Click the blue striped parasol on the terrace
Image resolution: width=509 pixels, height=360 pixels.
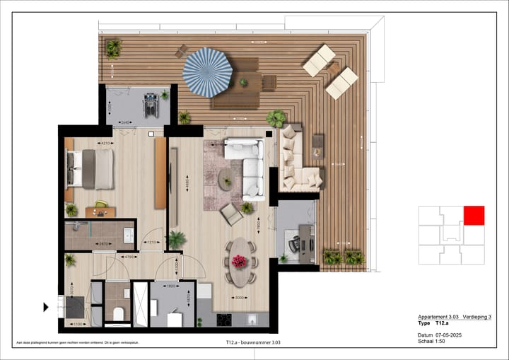tap(208, 71)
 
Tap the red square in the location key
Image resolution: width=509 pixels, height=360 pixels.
tap(474, 216)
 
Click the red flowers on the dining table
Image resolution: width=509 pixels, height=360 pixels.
tap(240, 262)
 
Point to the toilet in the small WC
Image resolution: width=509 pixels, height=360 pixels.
tap(119, 313)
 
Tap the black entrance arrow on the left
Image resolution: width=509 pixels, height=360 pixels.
tap(46, 307)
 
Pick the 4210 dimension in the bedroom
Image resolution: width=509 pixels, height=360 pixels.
tap(105, 144)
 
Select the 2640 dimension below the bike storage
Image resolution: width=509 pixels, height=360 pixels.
tap(125, 122)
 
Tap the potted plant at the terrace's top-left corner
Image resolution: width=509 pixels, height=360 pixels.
tap(113, 48)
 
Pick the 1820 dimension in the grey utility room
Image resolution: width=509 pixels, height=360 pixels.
tap(171, 287)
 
